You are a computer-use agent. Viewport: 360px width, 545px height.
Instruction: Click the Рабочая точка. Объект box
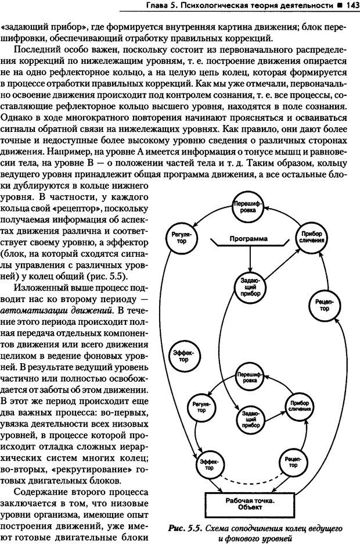(251, 503)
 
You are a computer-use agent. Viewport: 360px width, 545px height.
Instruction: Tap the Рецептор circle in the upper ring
(326, 304)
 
